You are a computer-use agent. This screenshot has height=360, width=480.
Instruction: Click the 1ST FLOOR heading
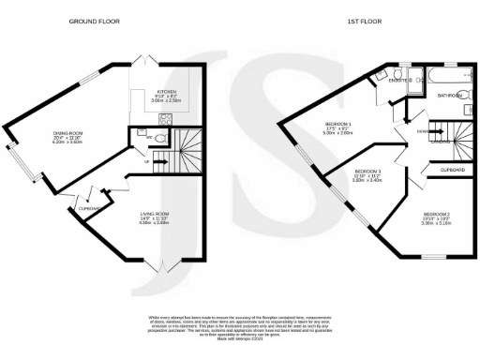coord(366,20)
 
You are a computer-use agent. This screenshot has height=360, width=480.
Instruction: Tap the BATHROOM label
coord(451,95)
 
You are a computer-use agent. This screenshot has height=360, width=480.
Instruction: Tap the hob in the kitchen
coord(167,118)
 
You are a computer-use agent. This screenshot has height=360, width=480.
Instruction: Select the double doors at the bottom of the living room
coord(156,263)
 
